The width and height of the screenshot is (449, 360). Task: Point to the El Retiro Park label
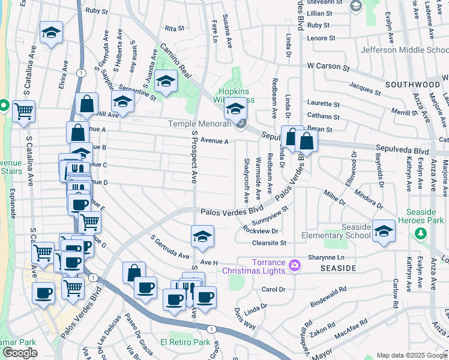coord(185,343)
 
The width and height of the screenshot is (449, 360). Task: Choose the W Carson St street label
coord(328,65)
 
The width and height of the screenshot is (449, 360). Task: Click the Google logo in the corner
coord(20,353)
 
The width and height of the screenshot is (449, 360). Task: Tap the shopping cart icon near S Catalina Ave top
coord(23,112)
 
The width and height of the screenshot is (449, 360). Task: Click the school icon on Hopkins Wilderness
coord(236,109)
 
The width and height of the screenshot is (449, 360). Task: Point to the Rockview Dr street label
coord(261,230)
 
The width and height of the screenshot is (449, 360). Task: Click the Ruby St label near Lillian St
coord(318,25)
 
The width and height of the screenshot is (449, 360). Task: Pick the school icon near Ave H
coord(203,237)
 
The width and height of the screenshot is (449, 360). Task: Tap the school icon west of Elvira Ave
coord(51,34)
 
